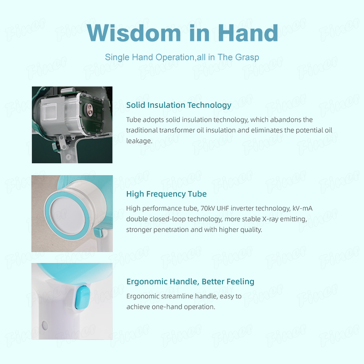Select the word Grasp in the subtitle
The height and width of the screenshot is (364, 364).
tap(247, 57)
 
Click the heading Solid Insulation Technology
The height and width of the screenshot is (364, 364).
tap(179, 105)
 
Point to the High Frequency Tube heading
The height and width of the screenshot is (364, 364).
tap(167, 194)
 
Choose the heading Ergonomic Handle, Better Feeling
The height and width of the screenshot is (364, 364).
tap(190, 282)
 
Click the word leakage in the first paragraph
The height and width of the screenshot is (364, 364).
tap(139, 141)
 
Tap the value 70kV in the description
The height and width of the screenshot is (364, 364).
tap(207, 208)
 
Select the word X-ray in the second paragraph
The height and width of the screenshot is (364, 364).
tap(270, 219)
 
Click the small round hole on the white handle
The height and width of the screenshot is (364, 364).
tap(45, 325)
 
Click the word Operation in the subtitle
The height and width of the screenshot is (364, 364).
tap(175, 57)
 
